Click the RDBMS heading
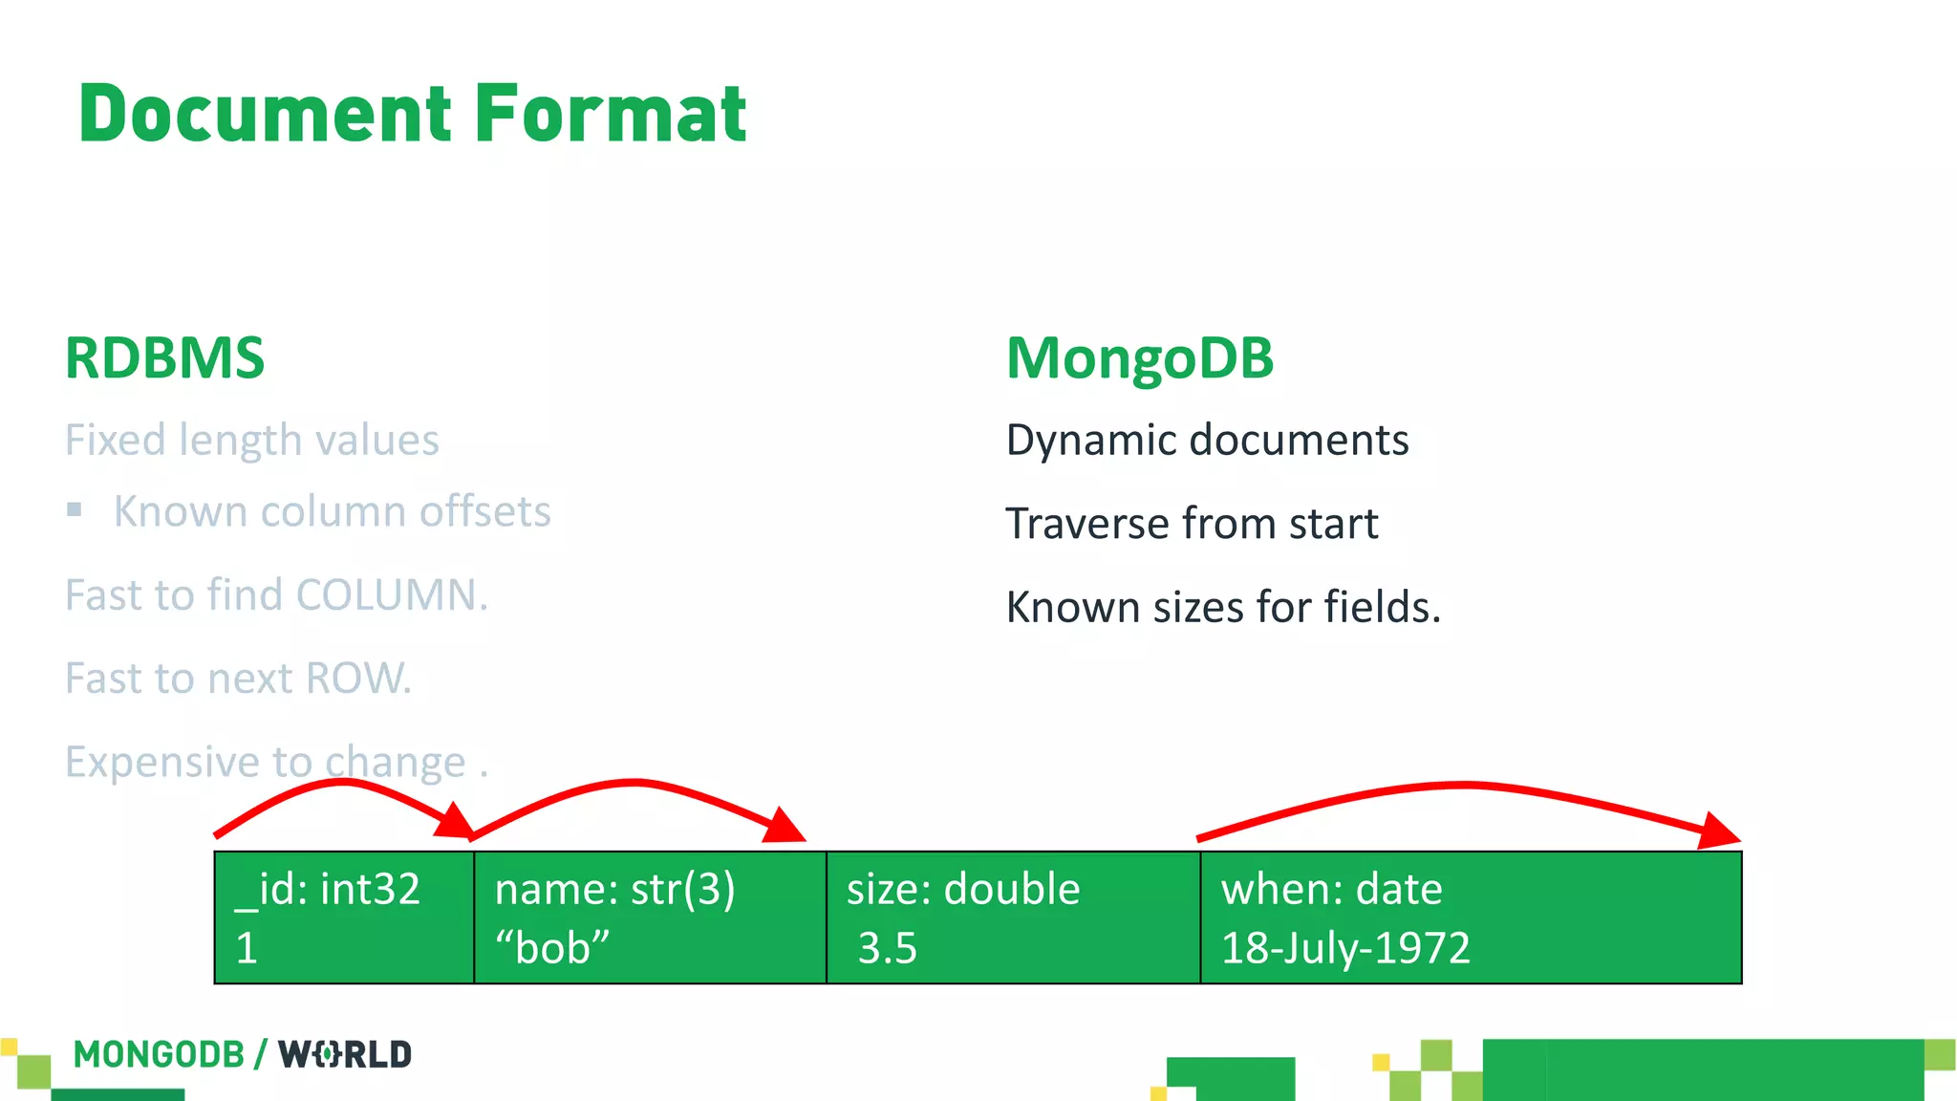point(164,359)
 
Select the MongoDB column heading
point(1140,359)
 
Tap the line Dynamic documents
point(1207,441)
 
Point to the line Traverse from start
point(1192,524)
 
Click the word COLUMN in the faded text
point(391,595)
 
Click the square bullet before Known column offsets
point(75,509)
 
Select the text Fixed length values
point(251,441)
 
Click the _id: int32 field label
point(328,890)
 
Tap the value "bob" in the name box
point(551,948)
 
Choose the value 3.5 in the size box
point(887,948)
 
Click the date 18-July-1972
point(1344,948)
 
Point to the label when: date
point(1331,890)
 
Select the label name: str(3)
point(614,890)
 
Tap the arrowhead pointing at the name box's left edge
point(455,823)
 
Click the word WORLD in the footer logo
point(345,1054)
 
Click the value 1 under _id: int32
point(247,948)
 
